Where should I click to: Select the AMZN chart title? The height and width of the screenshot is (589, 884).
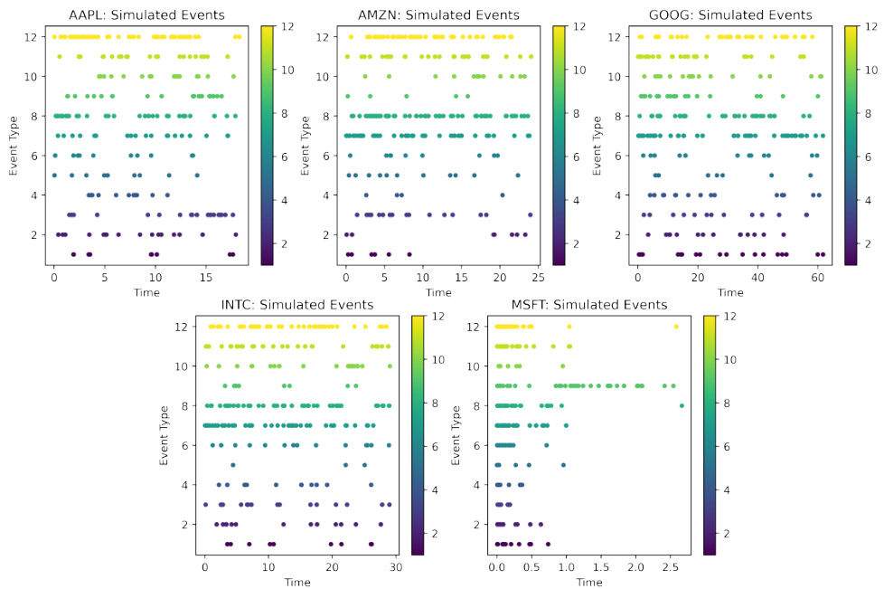pos(438,14)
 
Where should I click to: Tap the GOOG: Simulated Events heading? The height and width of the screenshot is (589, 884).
pos(730,14)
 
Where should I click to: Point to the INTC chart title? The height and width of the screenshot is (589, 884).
pos(298,305)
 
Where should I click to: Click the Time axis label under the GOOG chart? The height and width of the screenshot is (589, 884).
pos(730,291)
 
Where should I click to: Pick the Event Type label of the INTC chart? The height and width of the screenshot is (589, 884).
pos(165,434)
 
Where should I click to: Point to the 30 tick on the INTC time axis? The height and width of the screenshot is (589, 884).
pos(395,566)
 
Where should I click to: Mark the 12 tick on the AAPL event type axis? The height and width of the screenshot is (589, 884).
pos(33,37)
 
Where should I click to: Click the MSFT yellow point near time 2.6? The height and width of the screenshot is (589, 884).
pos(675,327)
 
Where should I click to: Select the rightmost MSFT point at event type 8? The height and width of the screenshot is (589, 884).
pos(682,405)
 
